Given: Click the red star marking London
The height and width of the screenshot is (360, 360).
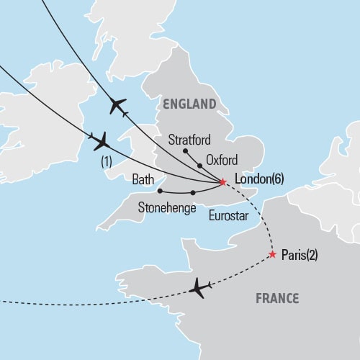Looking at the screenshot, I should [x=222, y=181].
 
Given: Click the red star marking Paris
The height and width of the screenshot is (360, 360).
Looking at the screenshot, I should [x=272, y=255].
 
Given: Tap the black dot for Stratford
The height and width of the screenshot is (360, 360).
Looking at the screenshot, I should [x=185, y=151].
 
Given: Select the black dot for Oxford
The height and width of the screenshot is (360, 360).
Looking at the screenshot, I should [x=199, y=165].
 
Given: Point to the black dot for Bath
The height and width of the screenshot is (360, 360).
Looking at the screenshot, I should [x=158, y=191].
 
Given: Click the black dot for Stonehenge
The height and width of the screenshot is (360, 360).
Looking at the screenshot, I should [x=193, y=193].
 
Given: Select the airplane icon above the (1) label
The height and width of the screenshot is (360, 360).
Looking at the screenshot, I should [x=100, y=140].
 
